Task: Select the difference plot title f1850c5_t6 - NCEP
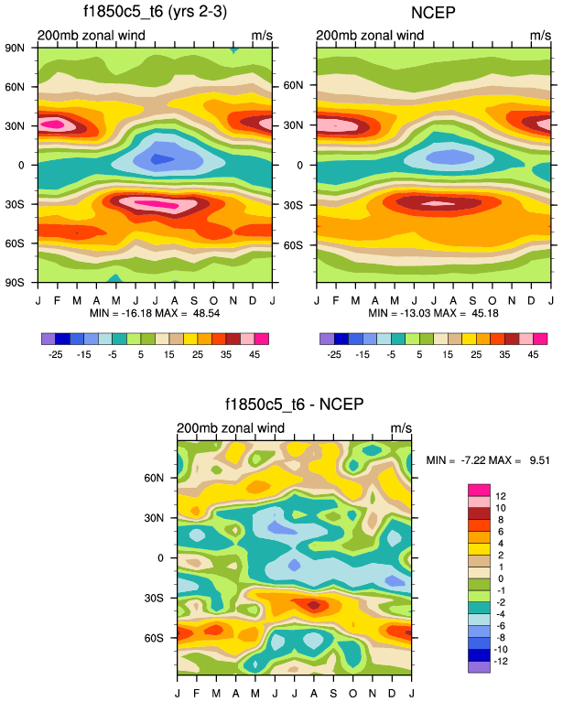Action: (294, 405)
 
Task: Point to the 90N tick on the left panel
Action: (16, 47)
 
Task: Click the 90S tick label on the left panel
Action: (16, 283)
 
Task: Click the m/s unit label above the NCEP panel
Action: (539, 36)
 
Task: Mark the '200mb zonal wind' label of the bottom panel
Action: (230, 427)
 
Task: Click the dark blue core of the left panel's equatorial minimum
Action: (162, 159)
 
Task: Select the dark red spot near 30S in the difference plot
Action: (314, 605)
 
